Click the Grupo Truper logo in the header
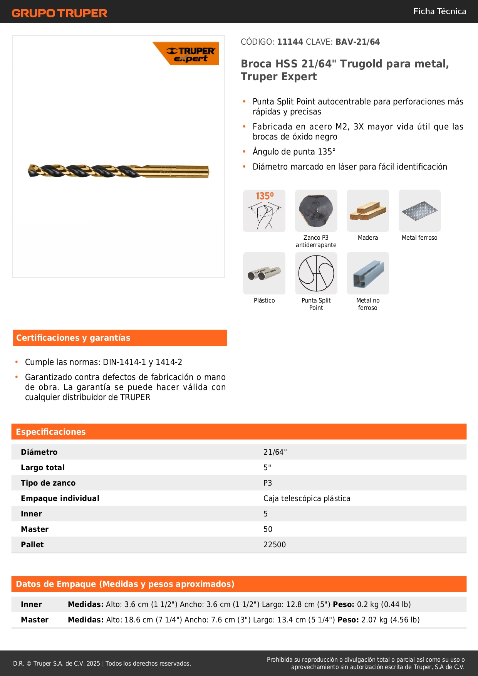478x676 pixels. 59,13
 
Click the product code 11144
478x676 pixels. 290,42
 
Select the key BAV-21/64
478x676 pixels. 357,42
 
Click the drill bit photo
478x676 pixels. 118,171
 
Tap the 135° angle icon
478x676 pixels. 264,211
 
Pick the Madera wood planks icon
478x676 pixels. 367,211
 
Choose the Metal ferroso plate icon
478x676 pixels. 419,211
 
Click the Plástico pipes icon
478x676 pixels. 264,273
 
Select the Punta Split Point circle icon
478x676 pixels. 316,273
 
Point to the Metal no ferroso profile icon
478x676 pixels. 367,273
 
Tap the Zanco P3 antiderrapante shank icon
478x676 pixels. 316,211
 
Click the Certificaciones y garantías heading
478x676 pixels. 73,338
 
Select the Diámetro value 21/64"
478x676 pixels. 275,452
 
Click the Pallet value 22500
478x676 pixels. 275,545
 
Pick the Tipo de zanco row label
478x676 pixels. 48,483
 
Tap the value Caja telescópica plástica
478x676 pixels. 307,498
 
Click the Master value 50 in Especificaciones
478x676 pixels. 268,529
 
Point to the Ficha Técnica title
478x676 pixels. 439,11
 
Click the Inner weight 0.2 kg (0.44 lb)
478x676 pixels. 384,604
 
